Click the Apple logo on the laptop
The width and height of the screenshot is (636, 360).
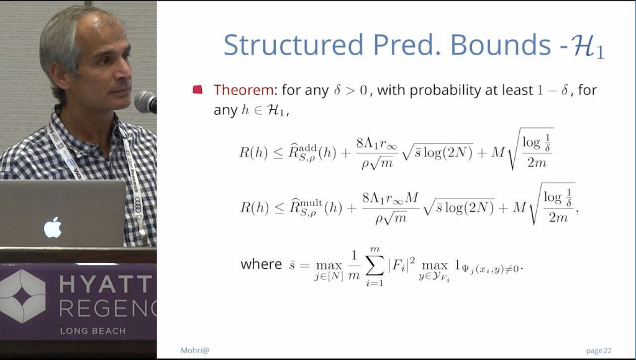[x=52, y=227]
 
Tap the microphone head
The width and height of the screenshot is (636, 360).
[x=145, y=101]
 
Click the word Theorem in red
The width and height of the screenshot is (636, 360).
[x=243, y=90]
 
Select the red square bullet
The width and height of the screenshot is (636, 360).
[x=198, y=90]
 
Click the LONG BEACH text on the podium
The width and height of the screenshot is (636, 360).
[x=93, y=331]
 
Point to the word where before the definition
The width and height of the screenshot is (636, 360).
[x=261, y=264]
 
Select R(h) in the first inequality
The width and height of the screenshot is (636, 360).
[x=253, y=153]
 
